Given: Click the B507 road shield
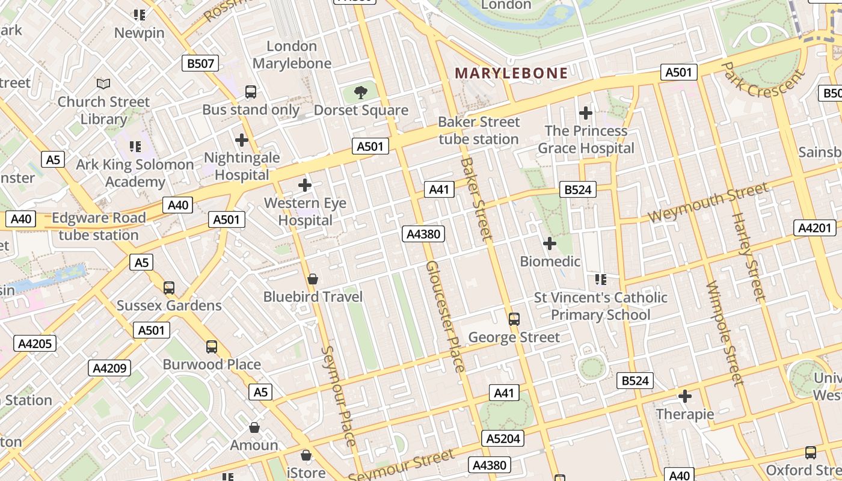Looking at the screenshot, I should coord(200,63).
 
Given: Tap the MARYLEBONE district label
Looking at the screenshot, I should coord(511,73).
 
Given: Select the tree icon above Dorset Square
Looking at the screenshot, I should coord(361,92).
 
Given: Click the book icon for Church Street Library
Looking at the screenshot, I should coord(103,84).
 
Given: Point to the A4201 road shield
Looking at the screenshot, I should coord(815,228).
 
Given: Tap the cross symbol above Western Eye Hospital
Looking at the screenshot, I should coord(305,185).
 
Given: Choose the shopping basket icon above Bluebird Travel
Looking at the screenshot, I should coord(313,279).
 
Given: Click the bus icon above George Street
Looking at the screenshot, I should coord(514,319).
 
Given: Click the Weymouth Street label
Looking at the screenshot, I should coord(708,203).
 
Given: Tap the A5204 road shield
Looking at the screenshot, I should coord(502,438).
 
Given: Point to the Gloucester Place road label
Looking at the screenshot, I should coord(445,316).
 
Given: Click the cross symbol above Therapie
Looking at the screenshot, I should coord(685,396).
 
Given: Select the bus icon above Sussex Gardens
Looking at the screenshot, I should coord(169,287).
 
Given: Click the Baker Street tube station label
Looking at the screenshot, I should coord(479,130).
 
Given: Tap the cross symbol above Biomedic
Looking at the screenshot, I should coord(550,244).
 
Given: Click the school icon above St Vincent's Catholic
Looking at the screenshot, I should coord(600,279).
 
